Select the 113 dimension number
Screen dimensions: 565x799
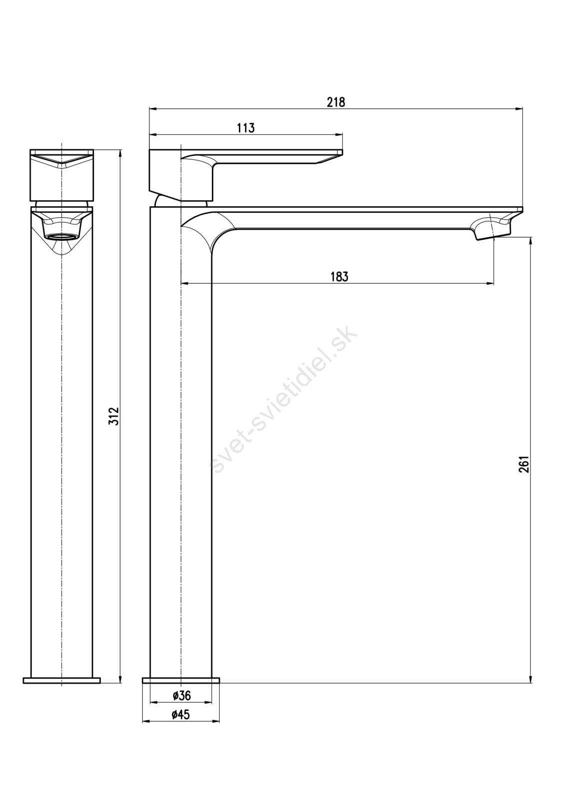246,128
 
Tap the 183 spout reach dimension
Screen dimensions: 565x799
339,277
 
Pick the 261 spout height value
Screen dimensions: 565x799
524,464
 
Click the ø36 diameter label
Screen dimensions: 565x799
181,695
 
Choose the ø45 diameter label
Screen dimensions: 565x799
181,715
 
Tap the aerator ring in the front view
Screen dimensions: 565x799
62,236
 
